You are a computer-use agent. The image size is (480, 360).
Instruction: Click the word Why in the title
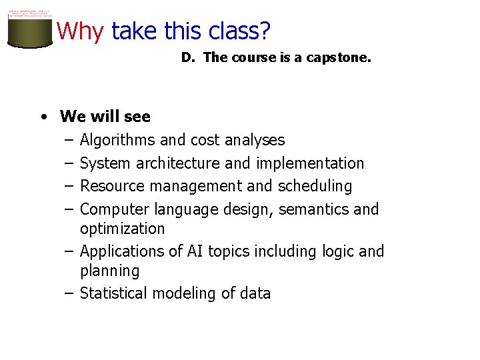(80, 31)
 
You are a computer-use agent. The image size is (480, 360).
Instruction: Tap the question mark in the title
(265, 31)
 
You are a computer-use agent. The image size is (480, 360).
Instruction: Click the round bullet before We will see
(43, 117)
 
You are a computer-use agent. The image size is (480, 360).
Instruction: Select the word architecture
(177, 163)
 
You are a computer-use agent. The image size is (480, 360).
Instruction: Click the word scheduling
(315, 185)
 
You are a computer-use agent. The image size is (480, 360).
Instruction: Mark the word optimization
(122, 228)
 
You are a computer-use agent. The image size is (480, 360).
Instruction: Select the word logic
(335, 251)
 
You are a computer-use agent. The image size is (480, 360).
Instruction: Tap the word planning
(110, 271)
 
